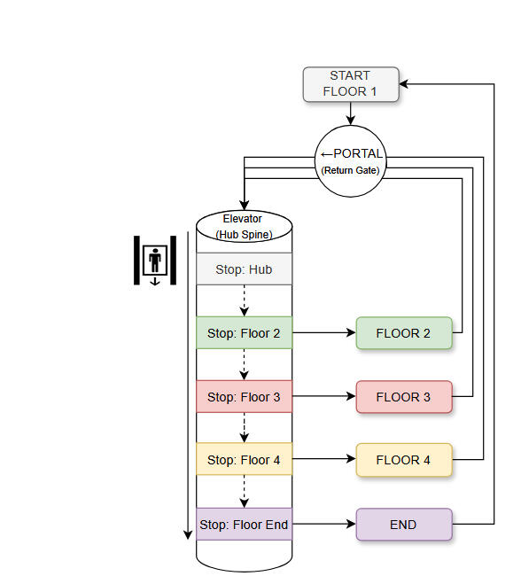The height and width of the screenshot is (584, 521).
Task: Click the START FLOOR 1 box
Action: [x=351, y=84]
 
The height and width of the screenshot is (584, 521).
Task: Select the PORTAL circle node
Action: [x=351, y=160]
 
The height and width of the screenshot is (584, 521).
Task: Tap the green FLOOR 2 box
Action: [x=404, y=333]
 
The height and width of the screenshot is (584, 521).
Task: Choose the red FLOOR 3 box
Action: [x=404, y=397]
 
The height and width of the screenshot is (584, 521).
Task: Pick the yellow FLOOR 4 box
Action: [x=404, y=460]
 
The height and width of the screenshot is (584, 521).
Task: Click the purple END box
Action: [x=404, y=525]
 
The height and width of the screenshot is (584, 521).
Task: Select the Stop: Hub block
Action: [x=244, y=269]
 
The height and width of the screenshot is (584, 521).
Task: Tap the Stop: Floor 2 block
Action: [x=244, y=333]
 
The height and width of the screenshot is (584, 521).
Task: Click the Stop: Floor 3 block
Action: [x=244, y=397]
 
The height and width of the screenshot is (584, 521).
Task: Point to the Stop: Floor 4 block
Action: [x=244, y=460]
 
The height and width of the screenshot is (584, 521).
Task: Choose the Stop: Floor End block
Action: [x=244, y=525]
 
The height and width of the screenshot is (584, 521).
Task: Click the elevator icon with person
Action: [x=156, y=261]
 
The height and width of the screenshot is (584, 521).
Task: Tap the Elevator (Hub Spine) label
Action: [x=243, y=226]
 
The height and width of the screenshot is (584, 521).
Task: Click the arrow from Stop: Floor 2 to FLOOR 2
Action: [x=323, y=333]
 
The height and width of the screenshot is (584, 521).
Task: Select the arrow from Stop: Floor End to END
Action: [x=323, y=525]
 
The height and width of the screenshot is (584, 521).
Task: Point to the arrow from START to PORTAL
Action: [x=351, y=113]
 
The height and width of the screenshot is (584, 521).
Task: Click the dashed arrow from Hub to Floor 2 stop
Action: [x=244, y=301]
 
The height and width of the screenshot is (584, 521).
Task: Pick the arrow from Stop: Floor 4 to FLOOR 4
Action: [x=323, y=460]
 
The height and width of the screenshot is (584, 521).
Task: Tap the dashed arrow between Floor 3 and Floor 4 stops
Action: [x=244, y=429]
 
